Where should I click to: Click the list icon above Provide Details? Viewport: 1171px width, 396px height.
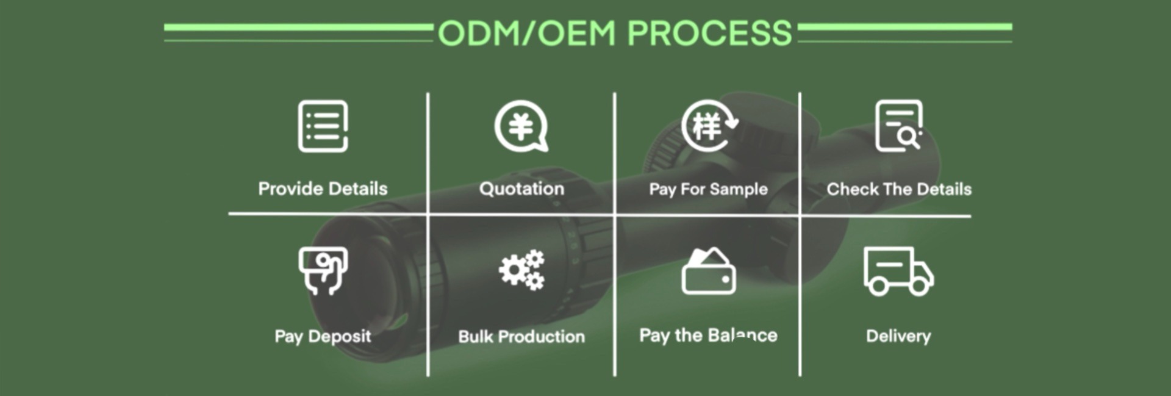323,126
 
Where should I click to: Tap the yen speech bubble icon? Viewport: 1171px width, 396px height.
521,126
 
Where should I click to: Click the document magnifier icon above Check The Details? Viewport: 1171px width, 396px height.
898,126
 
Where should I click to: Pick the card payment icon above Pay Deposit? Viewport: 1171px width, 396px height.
323,270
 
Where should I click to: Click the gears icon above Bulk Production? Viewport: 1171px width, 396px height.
521,270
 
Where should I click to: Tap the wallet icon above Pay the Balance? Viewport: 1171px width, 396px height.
708,272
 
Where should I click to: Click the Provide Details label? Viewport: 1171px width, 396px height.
323,189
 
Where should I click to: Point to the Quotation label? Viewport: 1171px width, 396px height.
521,189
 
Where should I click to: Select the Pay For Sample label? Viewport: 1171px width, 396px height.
708,189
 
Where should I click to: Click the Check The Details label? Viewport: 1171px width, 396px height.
898,189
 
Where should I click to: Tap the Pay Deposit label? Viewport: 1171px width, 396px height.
323,336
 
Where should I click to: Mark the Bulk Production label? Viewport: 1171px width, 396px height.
521,336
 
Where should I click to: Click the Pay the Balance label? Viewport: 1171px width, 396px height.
708,335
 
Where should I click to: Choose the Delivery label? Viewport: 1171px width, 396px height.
898,336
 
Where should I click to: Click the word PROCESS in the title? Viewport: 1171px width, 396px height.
709,33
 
